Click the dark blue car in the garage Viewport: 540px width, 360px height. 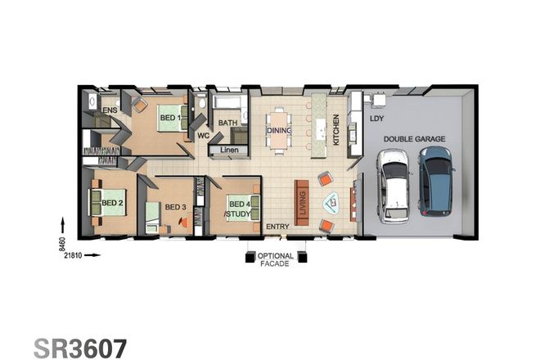pos(436,181)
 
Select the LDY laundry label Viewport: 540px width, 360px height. pos(376,119)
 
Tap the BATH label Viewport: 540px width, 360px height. pos(227,124)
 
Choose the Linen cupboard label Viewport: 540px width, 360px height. pos(229,151)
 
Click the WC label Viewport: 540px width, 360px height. pos(204,136)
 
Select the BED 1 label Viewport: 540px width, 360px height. pos(170,119)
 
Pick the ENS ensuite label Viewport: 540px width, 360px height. pos(110,109)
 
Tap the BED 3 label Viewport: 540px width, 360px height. pos(175,207)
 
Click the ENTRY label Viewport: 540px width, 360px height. pos(277,227)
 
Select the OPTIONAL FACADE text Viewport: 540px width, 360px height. pos(275,259)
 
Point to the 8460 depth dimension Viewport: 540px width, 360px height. pos(65,244)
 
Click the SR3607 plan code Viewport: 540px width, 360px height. pos(80,347)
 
